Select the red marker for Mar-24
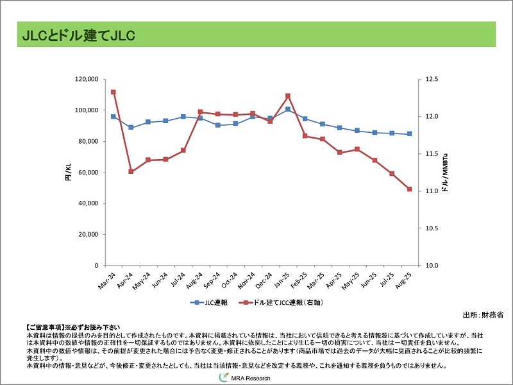point(114,92)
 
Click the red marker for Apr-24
point(131,171)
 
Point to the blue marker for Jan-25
point(288,109)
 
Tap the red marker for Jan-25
point(288,96)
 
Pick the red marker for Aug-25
point(409,189)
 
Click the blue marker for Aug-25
point(409,134)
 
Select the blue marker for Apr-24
point(131,127)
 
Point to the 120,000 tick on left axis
point(86,80)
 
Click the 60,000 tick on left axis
point(88,173)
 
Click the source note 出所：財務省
point(483,315)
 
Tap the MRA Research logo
point(246,378)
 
